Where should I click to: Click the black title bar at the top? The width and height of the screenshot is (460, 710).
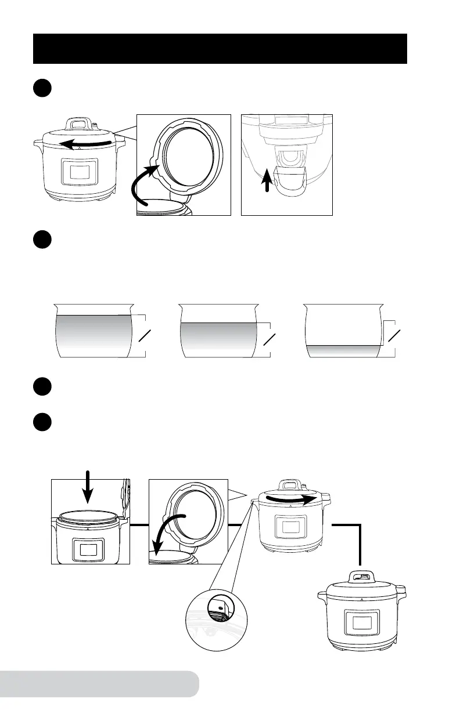[x=220, y=48]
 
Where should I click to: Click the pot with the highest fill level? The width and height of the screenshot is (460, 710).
[x=93, y=336]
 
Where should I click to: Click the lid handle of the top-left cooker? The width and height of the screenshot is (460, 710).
[x=78, y=124]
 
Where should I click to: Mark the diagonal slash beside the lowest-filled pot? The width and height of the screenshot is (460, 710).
[x=395, y=337]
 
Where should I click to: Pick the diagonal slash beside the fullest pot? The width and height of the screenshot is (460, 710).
[x=147, y=337]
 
